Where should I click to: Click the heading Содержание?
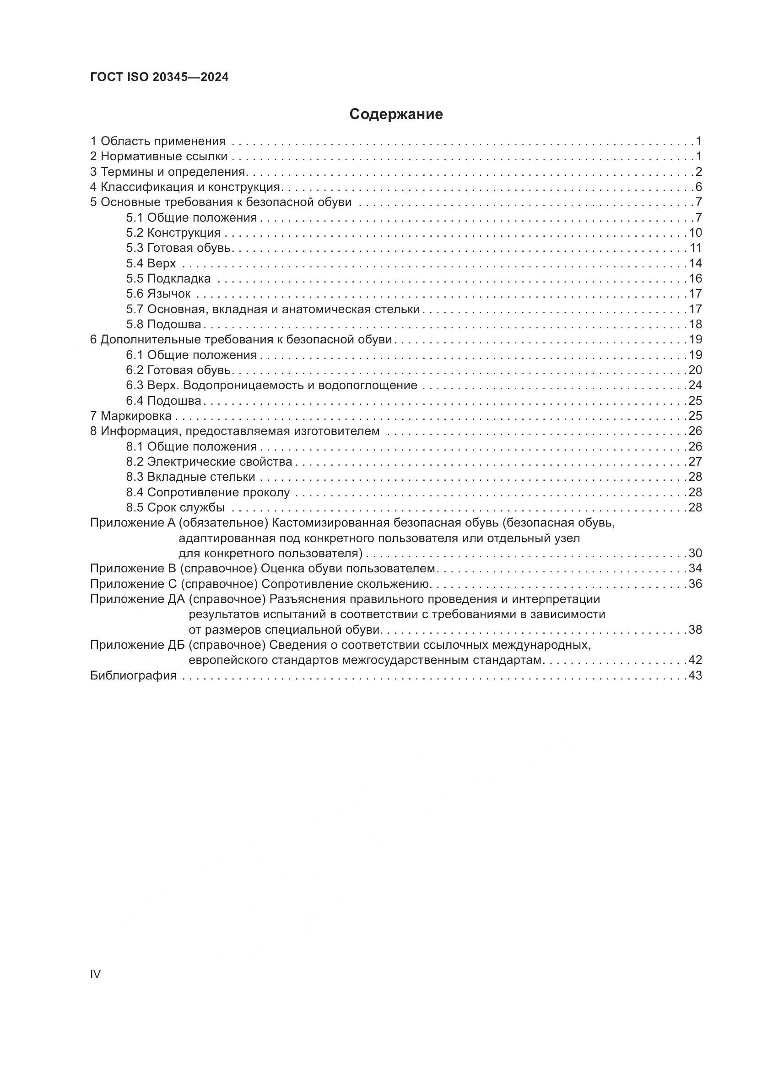click(396, 114)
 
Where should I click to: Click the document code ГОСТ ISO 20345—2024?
click(159, 77)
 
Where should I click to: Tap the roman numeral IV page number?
click(95, 974)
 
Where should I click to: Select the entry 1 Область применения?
click(157, 141)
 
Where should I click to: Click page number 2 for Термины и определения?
click(698, 172)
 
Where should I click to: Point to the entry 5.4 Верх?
click(151, 264)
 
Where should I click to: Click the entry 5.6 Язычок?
click(158, 294)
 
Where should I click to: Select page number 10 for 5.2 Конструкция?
click(695, 233)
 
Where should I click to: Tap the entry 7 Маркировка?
click(130, 416)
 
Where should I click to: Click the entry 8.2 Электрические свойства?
click(209, 462)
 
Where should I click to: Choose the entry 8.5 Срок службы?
click(175, 507)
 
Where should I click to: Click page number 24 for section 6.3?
click(695, 385)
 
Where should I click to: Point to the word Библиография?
click(133, 675)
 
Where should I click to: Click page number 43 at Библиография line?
click(695, 675)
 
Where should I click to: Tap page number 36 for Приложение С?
click(695, 584)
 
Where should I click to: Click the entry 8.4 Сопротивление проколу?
click(208, 493)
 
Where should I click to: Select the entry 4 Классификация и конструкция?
click(185, 187)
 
